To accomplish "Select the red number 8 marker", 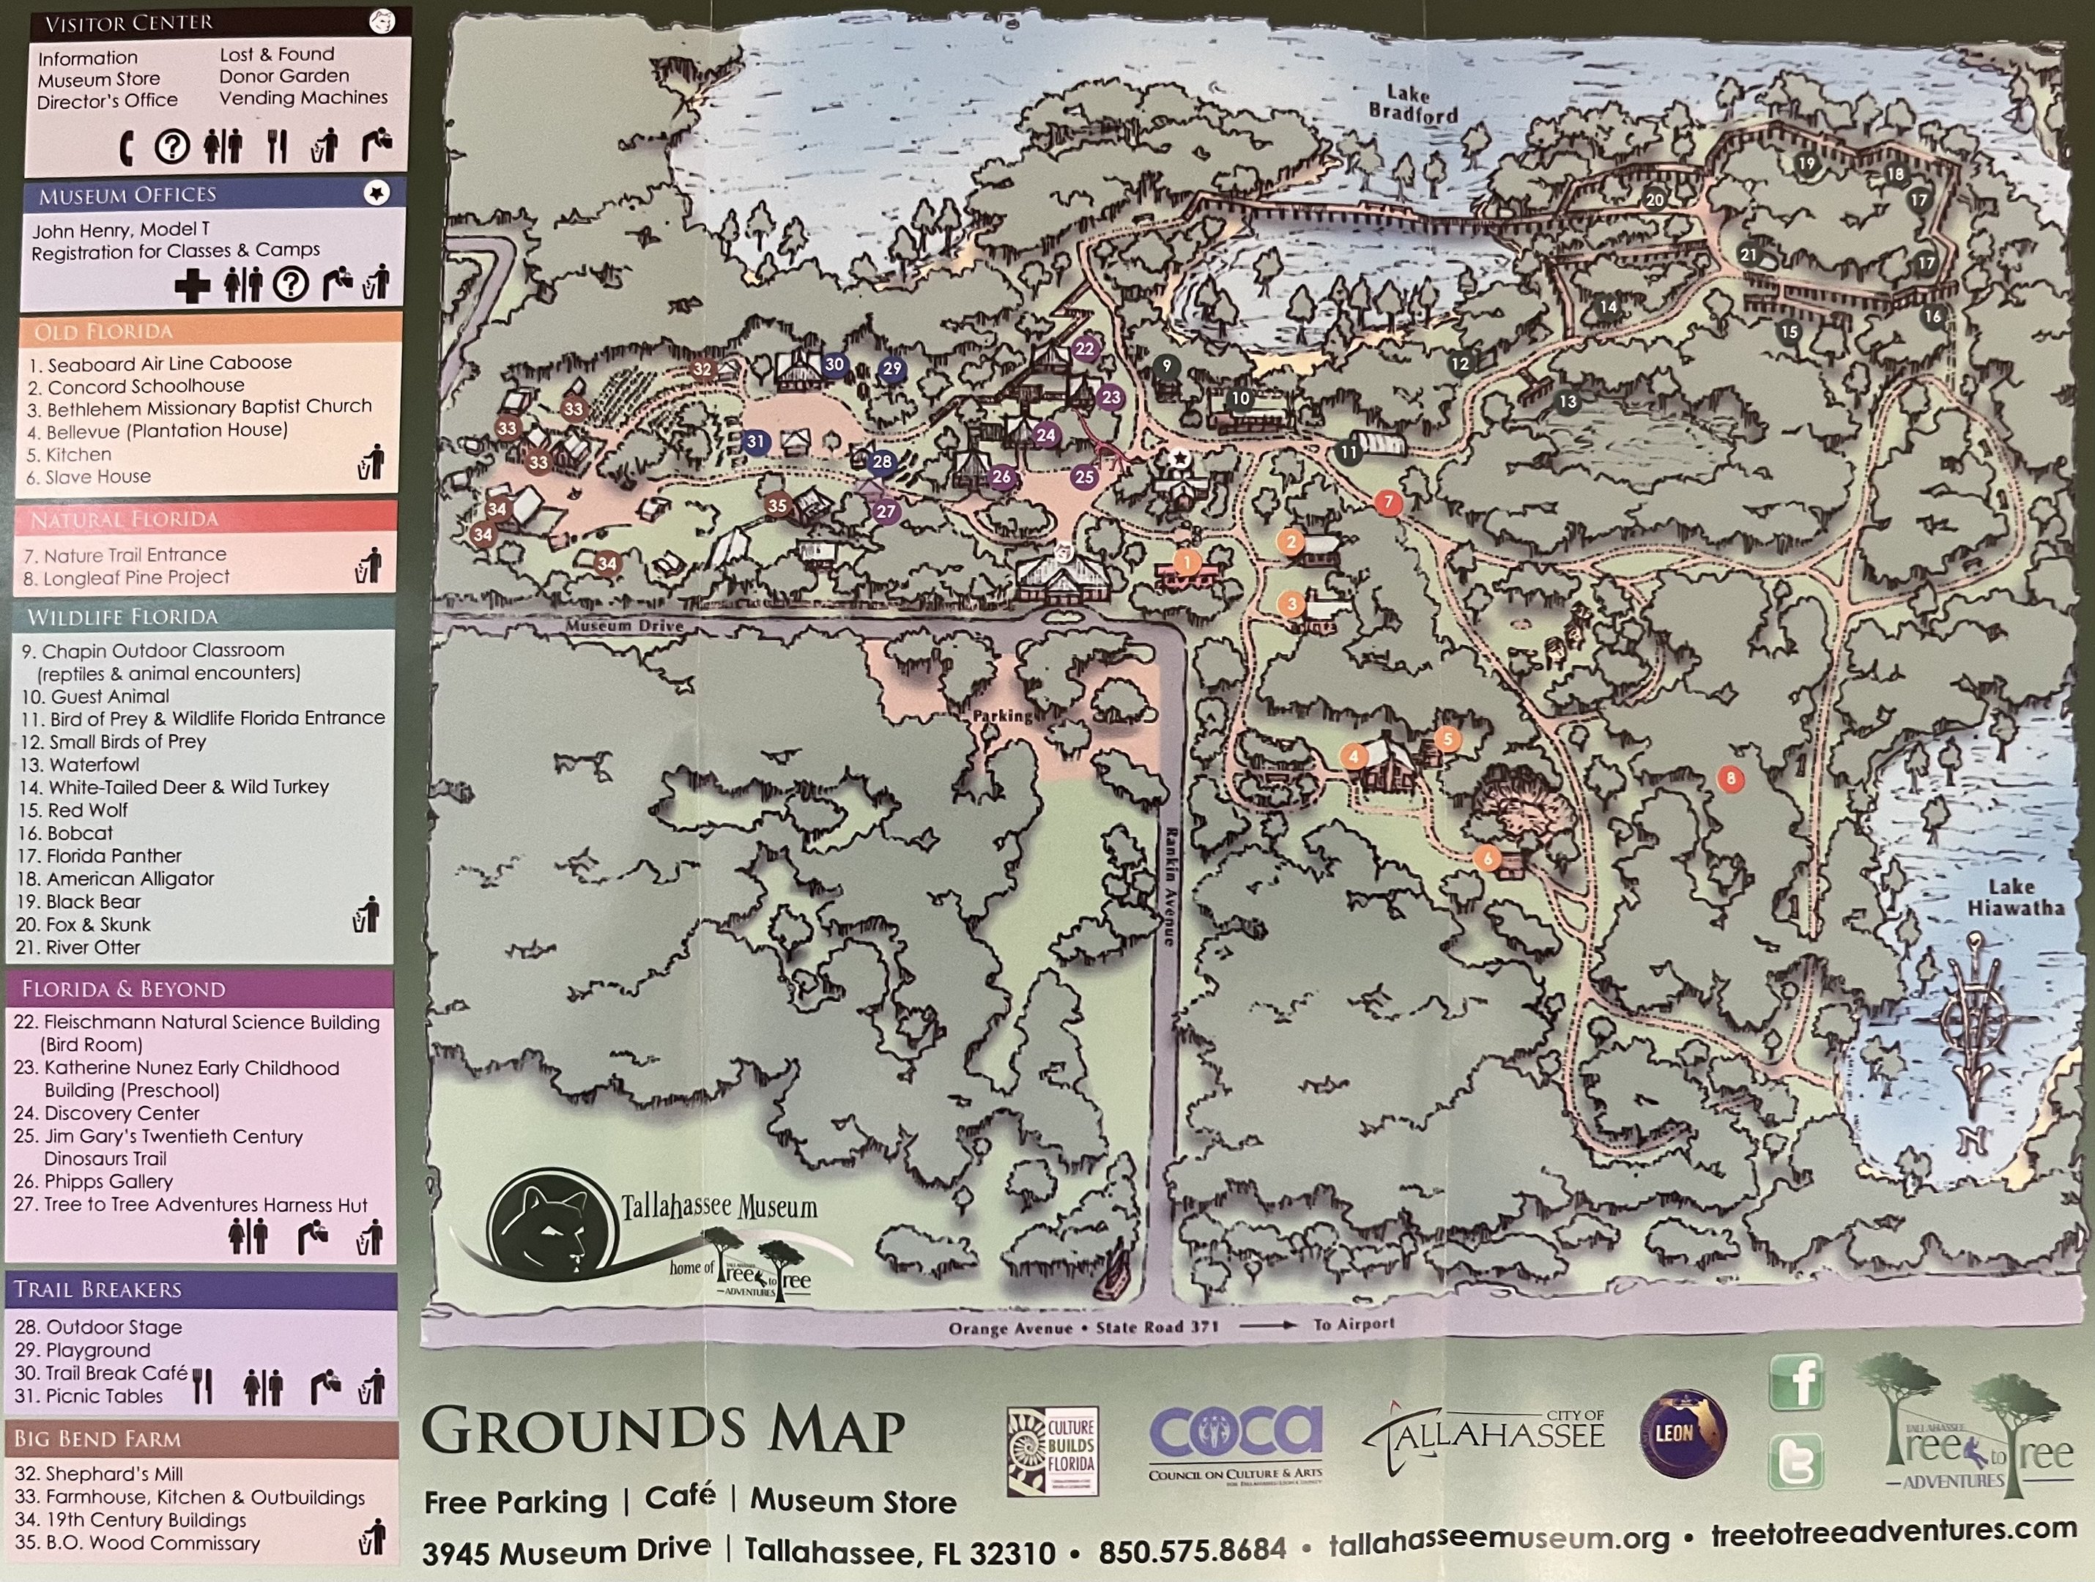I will pos(1730,779).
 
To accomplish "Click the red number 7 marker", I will pos(1388,502).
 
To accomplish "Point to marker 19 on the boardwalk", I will pos(1806,164).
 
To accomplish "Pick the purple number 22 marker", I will pos(1084,349).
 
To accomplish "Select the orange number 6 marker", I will pos(1488,858).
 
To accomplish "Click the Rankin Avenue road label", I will pos(1171,886).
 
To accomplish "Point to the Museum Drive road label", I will pos(624,625).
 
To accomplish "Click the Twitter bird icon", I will pos(1795,1462).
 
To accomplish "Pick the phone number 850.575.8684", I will pos(1193,1550).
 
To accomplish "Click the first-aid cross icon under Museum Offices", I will pos(192,285).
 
